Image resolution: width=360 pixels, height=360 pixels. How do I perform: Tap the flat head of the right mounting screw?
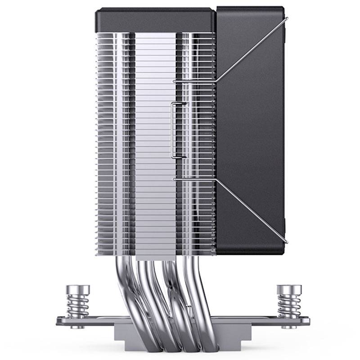coord(285,288)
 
